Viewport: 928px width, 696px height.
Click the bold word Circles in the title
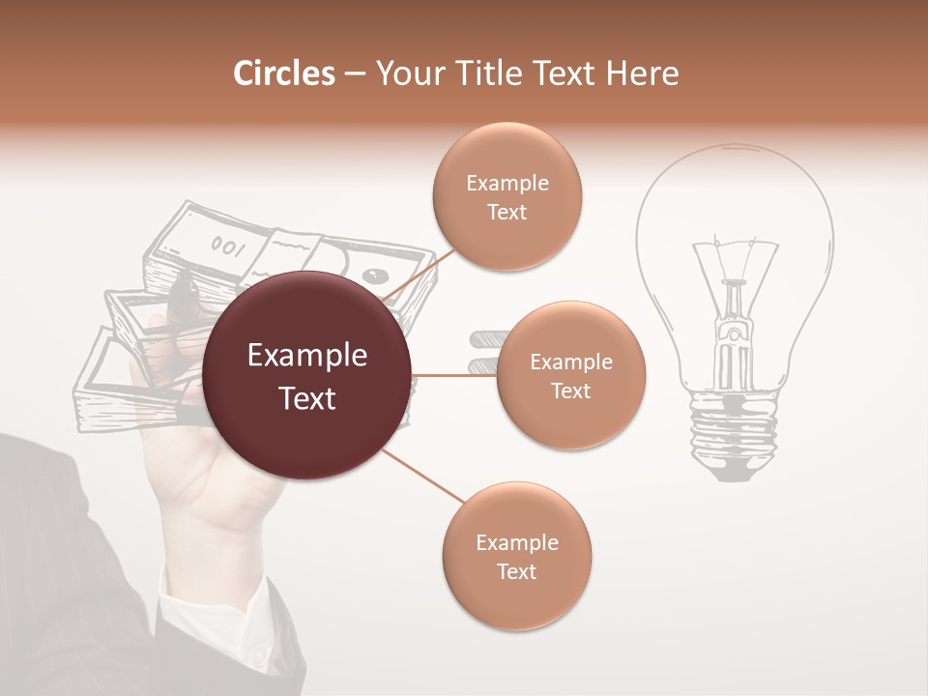pos(284,73)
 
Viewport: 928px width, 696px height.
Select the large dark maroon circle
pos(307,375)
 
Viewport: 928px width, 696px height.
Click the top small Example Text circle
pos(507,196)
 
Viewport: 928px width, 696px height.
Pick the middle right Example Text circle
pos(570,375)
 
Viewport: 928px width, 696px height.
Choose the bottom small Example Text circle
pos(516,556)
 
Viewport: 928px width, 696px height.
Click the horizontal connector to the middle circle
pos(454,375)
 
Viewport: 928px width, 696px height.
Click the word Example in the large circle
pos(307,356)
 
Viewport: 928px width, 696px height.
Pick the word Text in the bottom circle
pos(516,571)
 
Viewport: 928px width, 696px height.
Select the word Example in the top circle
pos(507,183)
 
